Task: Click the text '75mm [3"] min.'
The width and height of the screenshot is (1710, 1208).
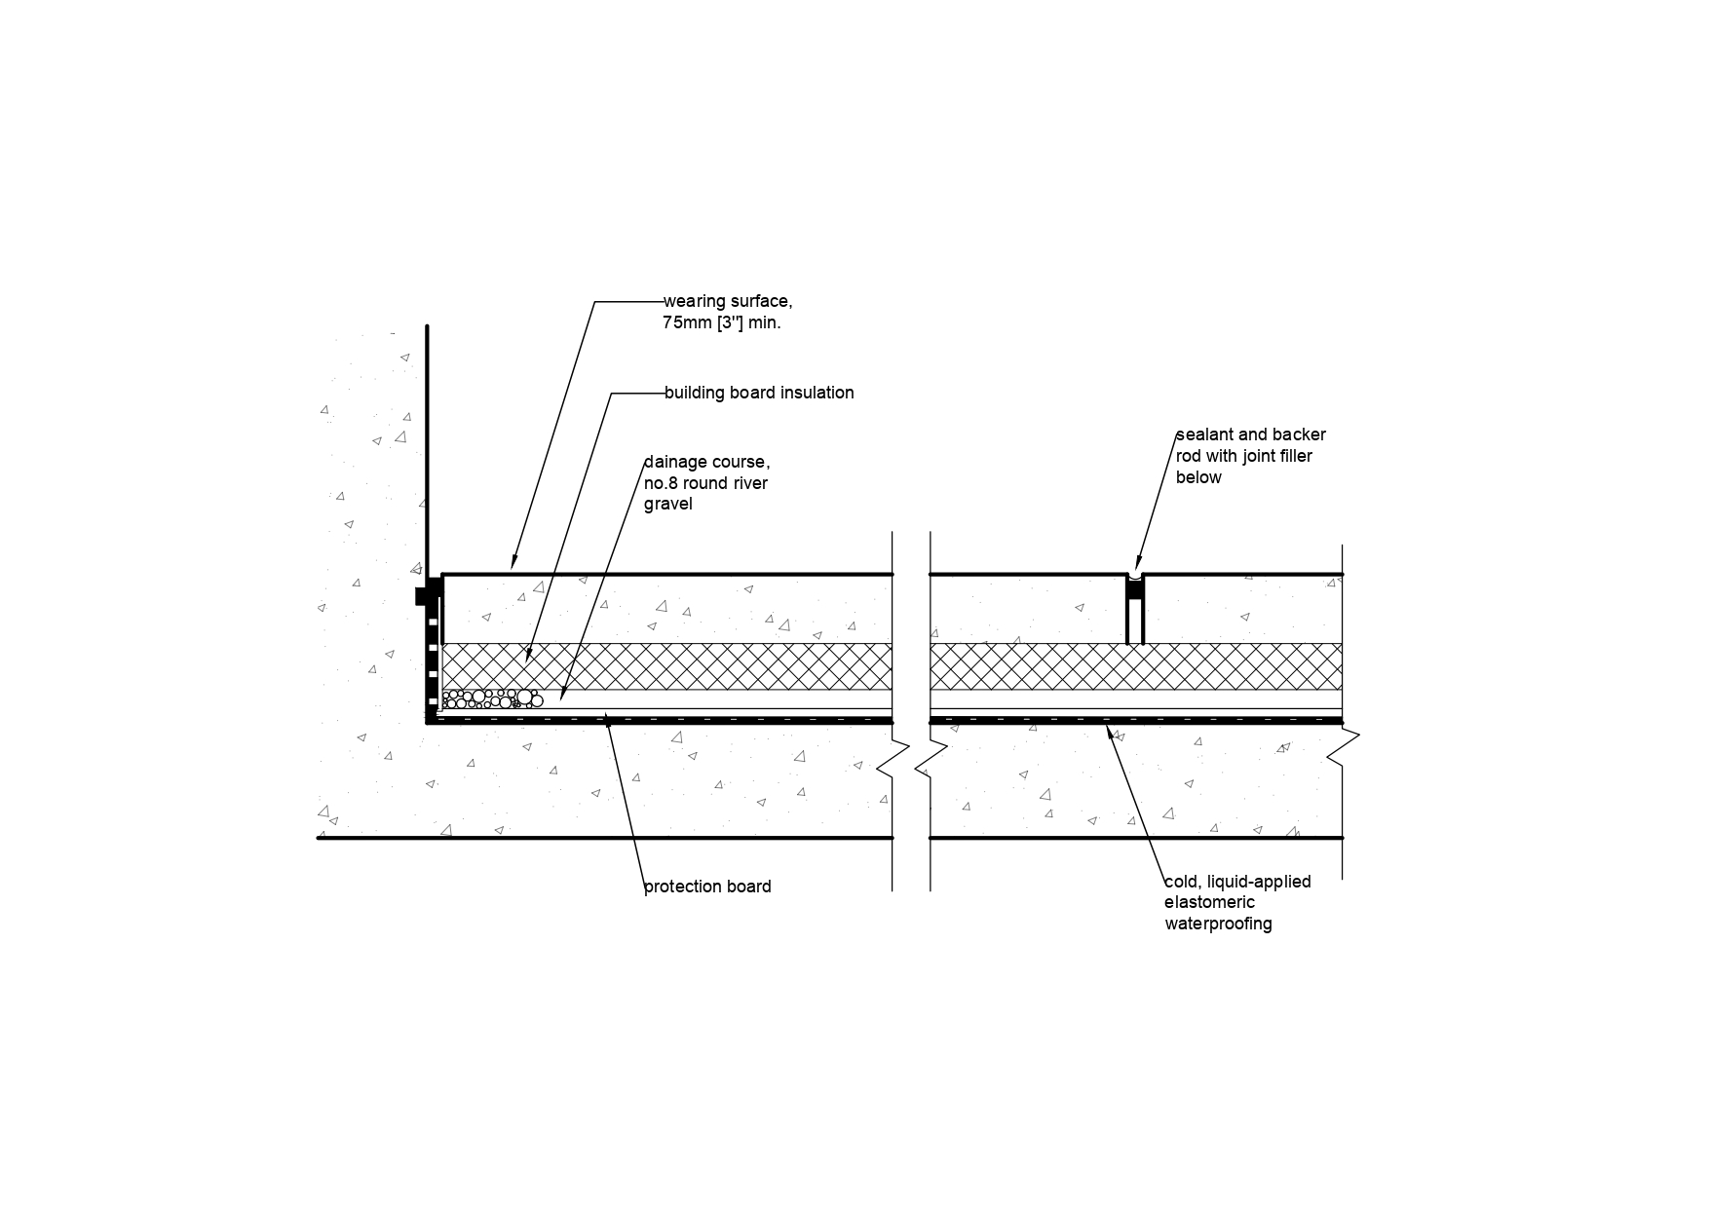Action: coord(722,322)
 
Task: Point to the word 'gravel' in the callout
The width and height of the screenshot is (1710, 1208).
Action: coord(667,504)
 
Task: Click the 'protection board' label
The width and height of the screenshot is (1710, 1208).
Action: coord(707,887)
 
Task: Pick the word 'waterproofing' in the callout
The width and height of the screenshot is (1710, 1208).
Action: coord(1218,924)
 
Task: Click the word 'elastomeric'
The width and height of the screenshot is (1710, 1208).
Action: coord(1209,902)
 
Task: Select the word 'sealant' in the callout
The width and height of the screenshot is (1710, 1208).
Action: coord(1204,434)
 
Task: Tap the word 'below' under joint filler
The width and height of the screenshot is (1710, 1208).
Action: coord(1198,477)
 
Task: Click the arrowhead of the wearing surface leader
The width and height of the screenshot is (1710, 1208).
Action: coord(513,565)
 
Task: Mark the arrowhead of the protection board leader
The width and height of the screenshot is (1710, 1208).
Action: coord(607,718)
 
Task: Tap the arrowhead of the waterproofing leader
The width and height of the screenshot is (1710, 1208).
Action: coord(1108,725)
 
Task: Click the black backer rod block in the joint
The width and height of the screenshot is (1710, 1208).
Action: coord(1135,589)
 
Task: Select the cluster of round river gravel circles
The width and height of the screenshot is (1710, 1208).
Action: coord(492,698)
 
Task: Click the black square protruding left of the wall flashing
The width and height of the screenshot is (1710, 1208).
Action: coord(421,595)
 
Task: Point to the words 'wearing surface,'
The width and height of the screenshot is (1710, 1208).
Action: coord(727,301)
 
